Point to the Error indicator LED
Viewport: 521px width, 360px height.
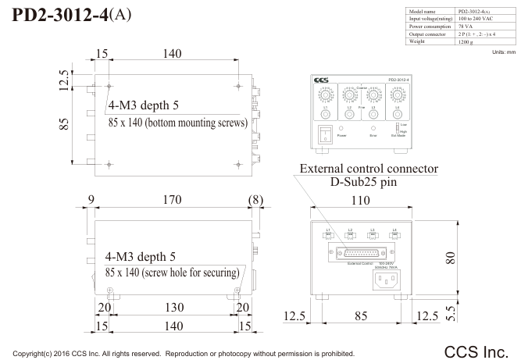(373, 127)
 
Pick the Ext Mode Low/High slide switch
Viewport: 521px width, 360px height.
(395, 127)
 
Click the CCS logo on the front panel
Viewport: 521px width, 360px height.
(320, 80)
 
